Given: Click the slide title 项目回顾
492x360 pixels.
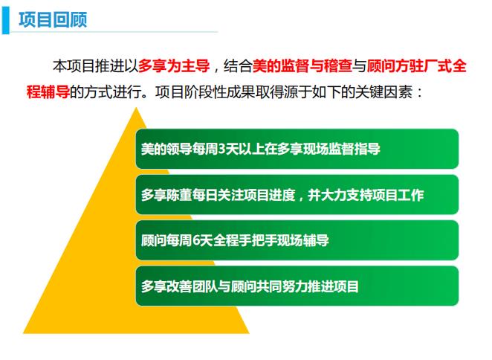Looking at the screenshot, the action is (53, 19).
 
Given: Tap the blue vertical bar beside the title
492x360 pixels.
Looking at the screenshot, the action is (6, 20).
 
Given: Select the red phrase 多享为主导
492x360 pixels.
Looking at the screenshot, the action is (174, 66).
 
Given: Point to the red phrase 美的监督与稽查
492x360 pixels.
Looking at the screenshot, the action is (302, 66).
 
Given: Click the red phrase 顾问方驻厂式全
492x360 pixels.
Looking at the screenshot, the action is (417, 66).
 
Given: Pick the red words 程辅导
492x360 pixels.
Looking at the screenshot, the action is (48, 92).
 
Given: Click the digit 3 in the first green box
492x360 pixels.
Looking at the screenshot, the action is (221, 149).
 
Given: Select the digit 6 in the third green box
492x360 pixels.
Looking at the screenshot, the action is (195, 241).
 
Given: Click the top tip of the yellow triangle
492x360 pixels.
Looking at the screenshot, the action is (136, 108).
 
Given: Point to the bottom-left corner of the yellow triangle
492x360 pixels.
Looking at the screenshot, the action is (23, 333).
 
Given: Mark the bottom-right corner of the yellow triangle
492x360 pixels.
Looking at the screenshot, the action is (249, 333).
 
